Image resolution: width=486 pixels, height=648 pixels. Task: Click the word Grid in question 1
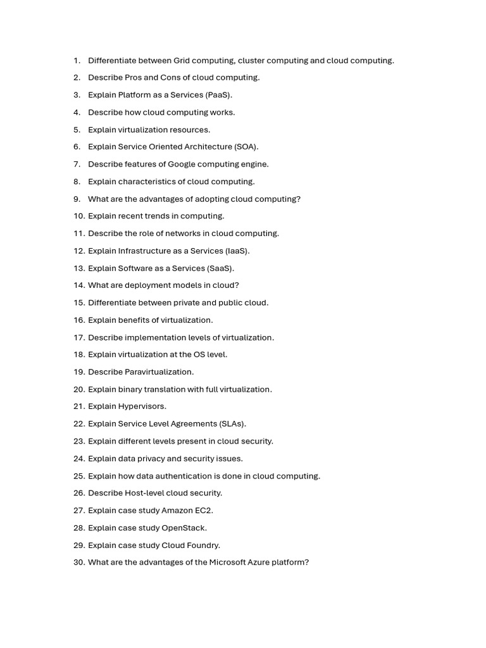[x=182, y=61]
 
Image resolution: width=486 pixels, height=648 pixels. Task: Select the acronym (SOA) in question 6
[x=246, y=147]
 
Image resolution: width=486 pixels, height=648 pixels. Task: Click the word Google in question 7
[x=180, y=164]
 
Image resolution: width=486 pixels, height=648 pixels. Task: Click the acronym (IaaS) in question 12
[x=237, y=251]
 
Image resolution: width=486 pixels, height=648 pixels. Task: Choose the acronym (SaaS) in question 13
[x=221, y=268]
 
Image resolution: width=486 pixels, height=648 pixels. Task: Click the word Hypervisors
[x=142, y=406]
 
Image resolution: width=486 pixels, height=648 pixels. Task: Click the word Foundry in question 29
[x=204, y=545]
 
